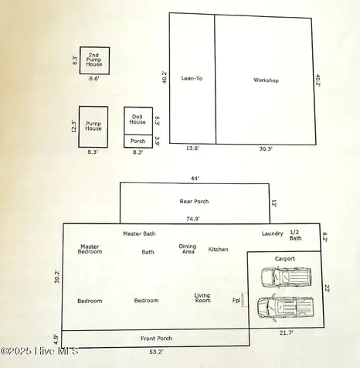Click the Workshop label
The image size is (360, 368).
[266, 80]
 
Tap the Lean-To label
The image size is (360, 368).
[192, 78]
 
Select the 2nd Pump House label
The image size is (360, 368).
[94, 60]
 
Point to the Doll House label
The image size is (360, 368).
[138, 119]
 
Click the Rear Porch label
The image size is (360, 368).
[194, 201]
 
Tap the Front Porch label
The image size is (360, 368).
[156, 339]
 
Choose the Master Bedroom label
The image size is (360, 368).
[90, 249]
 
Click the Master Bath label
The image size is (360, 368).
[139, 233]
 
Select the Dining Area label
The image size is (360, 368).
[188, 249]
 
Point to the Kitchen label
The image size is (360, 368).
[218, 250]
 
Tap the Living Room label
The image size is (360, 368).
[202, 298]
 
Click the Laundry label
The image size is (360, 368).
[273, 233]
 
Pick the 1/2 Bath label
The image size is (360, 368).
[295, 235]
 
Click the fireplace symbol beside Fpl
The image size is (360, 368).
[244, 300]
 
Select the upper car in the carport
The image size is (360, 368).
[286, 278]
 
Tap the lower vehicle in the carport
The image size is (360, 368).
[286, 308]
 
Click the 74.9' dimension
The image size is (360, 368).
[193, 219]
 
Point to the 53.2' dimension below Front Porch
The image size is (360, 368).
[156, 352]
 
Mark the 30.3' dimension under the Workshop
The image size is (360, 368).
[266, 148]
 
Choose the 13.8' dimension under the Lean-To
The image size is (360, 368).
[193, 148]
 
